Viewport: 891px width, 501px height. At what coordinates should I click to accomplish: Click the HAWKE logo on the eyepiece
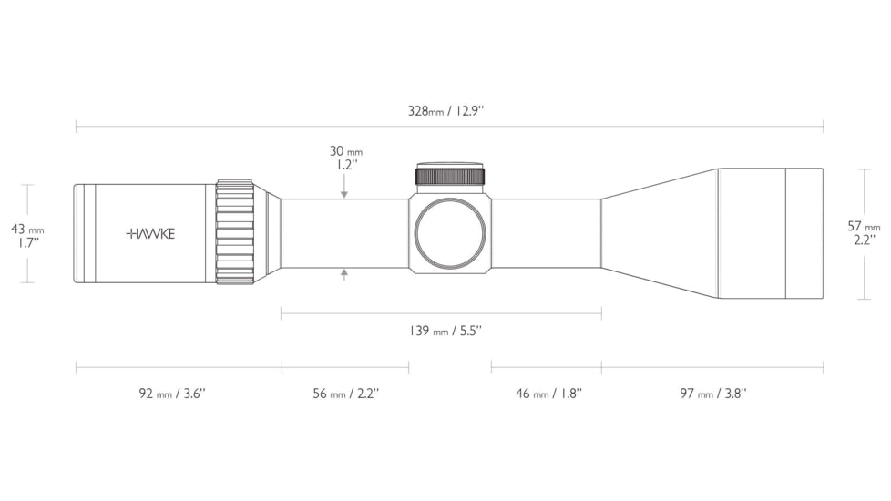(x=150, y=233)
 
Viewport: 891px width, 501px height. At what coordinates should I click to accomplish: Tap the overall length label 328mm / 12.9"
(x=445, y=112)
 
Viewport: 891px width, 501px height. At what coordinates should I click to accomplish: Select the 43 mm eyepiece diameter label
(x=26, y=230)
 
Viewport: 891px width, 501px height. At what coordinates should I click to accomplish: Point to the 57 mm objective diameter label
(x=864, y=226)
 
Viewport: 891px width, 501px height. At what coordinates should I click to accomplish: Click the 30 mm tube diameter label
(x=345, y=151)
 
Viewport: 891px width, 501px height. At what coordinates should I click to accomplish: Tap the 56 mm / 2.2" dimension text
(x=345, y=394)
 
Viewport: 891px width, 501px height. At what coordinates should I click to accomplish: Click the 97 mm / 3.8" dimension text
(x=712, y=394)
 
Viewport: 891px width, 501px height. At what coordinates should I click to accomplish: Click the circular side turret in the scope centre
(x=449, y=233)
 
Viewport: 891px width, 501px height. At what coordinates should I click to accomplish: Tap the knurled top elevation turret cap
(x=450, y=176)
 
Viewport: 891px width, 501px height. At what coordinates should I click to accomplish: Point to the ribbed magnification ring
(x=234, y=232)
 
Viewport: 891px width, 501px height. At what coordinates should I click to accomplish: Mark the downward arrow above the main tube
(x=344, y=193)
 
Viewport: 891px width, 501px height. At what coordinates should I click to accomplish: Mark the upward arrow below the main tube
(x=344, y=273)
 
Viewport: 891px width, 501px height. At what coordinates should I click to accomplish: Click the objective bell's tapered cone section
(x=658, y=233)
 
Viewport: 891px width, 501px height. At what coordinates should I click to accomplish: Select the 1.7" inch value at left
(x=26, y=243)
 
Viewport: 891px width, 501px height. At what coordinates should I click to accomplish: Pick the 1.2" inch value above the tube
(x=345, y=166)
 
